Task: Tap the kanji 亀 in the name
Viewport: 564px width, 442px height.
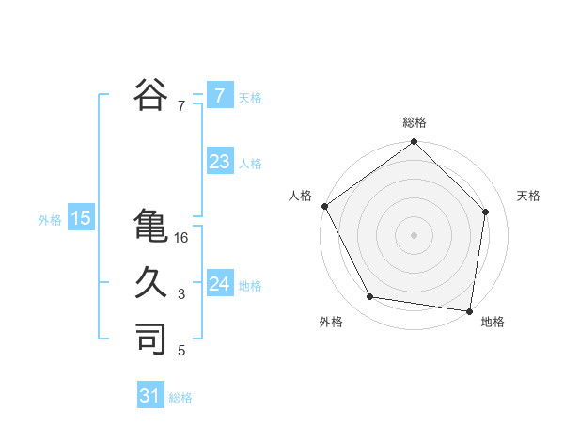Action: (149, 227)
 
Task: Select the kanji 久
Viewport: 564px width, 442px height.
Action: (149, 281)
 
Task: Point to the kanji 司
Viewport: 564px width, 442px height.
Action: (149, 338)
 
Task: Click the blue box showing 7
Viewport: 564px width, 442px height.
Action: (219, 96)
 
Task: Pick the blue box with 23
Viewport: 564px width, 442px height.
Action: (219, 162)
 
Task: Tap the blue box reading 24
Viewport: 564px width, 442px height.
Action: (219, 284)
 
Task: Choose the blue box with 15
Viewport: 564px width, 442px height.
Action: (80, 219)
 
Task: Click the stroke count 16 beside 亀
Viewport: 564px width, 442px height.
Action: (181, 239)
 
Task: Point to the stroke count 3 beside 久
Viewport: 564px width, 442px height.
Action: (181, 295)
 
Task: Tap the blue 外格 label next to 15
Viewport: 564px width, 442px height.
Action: (50, 220)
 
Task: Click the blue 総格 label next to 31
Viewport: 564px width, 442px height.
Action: (180, 398)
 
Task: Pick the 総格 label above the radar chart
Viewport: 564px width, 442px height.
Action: (415, 122)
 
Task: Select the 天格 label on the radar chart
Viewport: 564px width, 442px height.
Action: (529, 196)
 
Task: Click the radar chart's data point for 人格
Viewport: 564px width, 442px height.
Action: (324, 206)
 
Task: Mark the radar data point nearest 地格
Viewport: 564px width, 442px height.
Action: (468, 309)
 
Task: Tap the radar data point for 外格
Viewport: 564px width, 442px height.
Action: (370, 297)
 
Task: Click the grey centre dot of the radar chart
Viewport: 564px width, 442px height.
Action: (415, 235)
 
